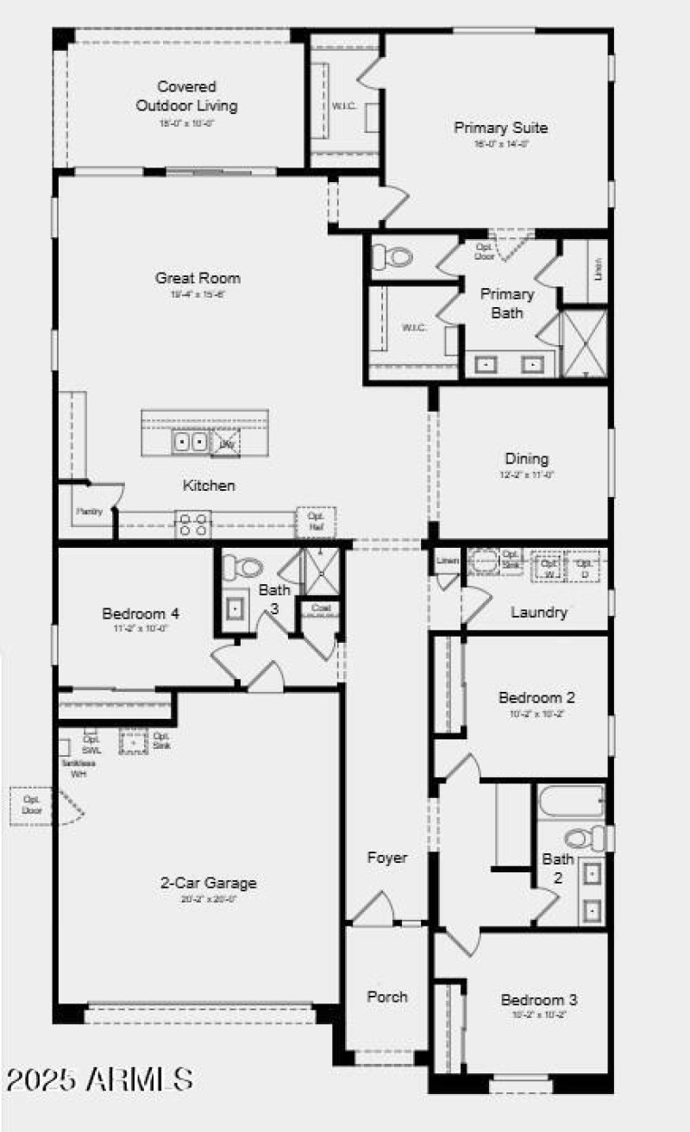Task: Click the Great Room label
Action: point(198,278)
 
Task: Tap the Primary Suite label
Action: point(501,128)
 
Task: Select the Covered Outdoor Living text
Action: point(186,97)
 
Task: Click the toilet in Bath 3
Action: point(242,568)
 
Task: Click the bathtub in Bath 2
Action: point(571,802)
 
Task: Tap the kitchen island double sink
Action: point(190,443)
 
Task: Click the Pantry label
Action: point(89,512)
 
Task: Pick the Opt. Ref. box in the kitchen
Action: point(316,521)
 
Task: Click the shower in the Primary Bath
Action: point(584,343)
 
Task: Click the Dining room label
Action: point(526,459)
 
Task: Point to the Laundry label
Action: point(538,613)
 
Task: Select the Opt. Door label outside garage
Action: point(32,805)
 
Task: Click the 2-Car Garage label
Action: point(208,883)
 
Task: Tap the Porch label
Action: point(387,997)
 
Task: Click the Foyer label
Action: point(387,858)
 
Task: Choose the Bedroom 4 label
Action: point(141,614)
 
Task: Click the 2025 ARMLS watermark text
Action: point(99,1079)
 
